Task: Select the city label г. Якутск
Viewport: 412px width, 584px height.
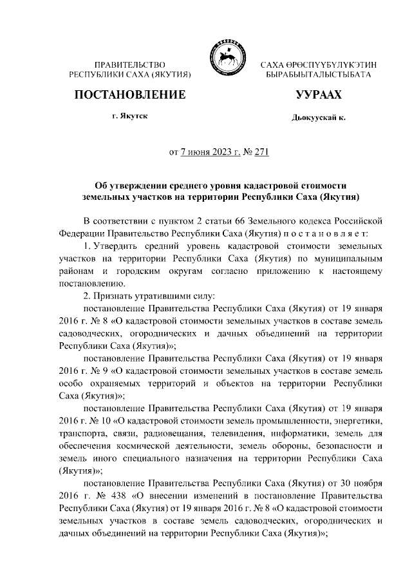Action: coord(130,119)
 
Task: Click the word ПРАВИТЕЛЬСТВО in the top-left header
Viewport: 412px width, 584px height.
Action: coord(130,65)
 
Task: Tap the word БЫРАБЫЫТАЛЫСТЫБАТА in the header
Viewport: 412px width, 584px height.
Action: coord(318,75)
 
